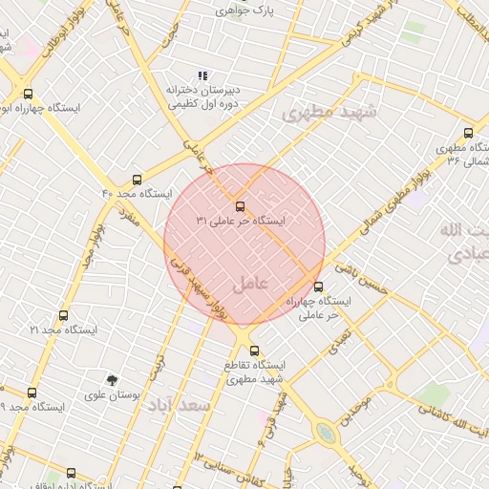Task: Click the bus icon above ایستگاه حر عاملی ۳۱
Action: (x=239, y=206)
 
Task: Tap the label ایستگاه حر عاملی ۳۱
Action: (x=241, y=221)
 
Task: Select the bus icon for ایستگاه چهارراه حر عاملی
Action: (x=318, y=287)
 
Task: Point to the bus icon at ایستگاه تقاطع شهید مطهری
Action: (x=253, y=351)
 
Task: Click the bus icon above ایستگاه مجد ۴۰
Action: (x=138, y=179)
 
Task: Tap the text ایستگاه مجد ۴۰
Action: (x=137, y=194)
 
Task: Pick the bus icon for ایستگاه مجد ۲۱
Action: (x=63, y=315)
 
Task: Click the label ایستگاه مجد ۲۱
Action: (x=63, y=330)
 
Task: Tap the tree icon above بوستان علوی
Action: (x=112, y=380)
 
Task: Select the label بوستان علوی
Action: (x=113, y=394)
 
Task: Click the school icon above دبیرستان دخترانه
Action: (x=202, y=74)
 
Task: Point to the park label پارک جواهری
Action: (x=244, y=11)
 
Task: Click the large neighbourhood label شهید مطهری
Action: (x=330, y=113)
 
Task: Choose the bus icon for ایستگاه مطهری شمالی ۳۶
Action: (x=467, y=133)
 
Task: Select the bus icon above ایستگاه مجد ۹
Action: (x=32, y=393)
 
